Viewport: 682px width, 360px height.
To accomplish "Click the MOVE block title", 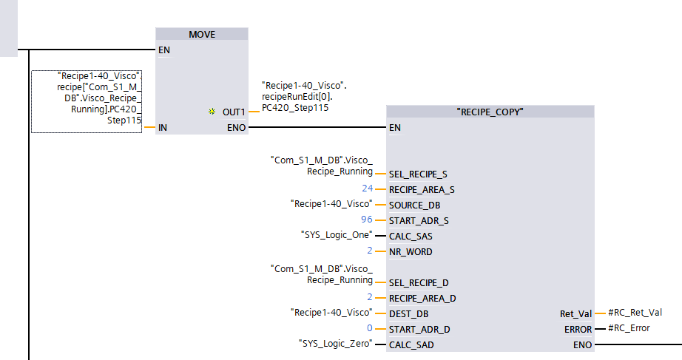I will (x=202, y=35).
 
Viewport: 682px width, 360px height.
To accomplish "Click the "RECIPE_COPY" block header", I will (x=490, y=112).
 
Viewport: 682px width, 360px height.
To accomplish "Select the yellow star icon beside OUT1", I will (x=212, y=112).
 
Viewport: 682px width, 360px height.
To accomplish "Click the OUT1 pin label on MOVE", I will (x=233, y=112).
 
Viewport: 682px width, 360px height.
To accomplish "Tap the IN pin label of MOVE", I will (x=163, y=127).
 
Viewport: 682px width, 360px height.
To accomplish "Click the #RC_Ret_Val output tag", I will (x=634, y=313).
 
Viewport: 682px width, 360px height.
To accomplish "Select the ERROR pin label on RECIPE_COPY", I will (x=577, y=329).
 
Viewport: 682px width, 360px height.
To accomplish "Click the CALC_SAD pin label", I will (x=411, y=344).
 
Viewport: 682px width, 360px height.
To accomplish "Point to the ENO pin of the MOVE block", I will (x=236, y=127).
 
